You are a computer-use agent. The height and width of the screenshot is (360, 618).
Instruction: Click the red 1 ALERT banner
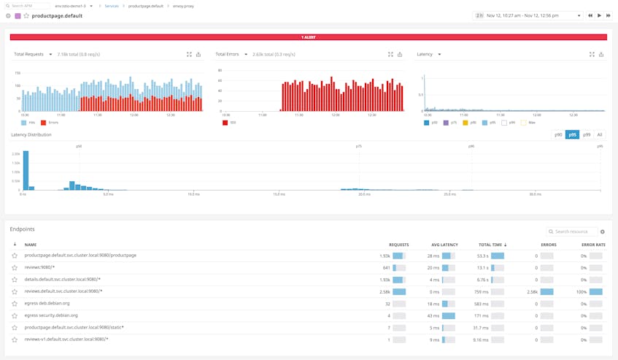(x=309, y=37)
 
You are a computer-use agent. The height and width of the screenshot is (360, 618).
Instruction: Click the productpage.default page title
(x=57, y=15)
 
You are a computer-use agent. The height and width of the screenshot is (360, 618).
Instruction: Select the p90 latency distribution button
(x=558, y=135)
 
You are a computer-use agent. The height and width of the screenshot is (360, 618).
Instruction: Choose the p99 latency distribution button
(x=587, y=135)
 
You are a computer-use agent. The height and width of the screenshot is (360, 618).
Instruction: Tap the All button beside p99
(x=600, y=135)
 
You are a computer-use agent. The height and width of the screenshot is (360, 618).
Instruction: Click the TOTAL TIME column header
(x=491, y=245)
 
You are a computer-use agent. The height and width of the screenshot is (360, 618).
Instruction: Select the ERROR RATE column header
(x=593, y=245)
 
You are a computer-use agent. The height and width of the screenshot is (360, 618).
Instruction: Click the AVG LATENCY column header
(x=444, y=245)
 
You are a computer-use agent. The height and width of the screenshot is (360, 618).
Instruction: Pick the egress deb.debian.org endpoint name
(x=47, y=303)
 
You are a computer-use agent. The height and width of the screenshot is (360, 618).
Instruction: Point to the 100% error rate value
(x=582, y=291)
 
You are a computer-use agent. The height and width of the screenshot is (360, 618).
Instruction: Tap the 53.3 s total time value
(x=482, y=256)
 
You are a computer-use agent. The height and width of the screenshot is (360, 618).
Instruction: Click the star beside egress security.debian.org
(x=15, y=315)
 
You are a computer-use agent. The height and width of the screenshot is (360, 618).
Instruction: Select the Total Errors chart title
(x=228, y=54)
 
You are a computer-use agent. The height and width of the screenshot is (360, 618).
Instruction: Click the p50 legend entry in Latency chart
(x=431, y=123)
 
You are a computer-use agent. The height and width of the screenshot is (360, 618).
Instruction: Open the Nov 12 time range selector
(x=528, y=15)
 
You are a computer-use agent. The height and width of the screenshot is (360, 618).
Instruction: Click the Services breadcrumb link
(x=111, y=6)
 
